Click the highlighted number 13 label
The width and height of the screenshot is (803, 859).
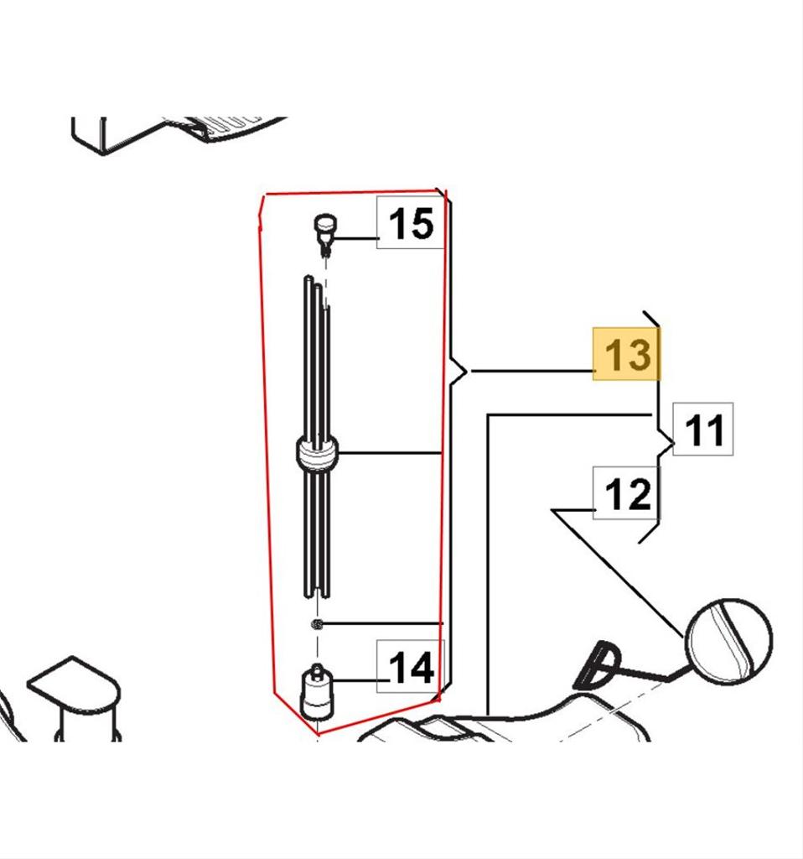pyautogui.click(x=626, y=354)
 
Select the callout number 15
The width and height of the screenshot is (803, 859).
pyautogui.click(x=411, y=223)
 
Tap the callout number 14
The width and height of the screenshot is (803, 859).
pyautogui.click(x=411, y=667)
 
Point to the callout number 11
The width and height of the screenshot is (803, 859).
pyautogui.click(x=703, y=429)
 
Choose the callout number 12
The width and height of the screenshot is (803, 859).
pyautogui.click(x=627, y=493)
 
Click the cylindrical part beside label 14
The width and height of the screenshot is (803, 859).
pyautogui.click(x=316, y=692)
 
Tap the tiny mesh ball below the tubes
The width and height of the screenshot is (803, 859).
pyautogui.click(x=317, y=624)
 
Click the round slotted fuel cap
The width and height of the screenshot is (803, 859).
pyautogui.click(x=729, y=641)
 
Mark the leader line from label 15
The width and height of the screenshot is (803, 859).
pyautogui.click(x=355, y=238)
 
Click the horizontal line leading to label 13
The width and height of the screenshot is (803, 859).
pyautogui.click(x=533, y=372)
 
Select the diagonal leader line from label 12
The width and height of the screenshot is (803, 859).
pyautogui.click(x=619, y=574)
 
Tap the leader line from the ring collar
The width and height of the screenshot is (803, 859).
pyautogui.click(x=390, y=453)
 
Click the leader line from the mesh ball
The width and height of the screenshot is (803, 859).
pyautogui.click(x=382, y=623)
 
